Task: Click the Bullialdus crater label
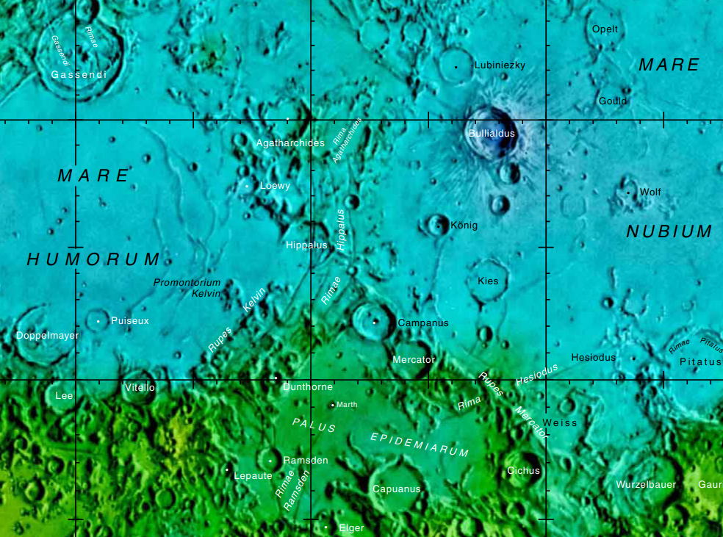point(492,134)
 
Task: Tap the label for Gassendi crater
point(79,75)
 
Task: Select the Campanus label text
point(422,323)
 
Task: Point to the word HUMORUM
point(93,259)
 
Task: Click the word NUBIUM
point(669,232)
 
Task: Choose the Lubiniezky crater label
point(500,65)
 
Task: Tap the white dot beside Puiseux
point(98,321)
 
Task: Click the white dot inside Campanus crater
point(375,322)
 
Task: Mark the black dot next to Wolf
point(628,192)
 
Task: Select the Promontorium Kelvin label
point(187,288)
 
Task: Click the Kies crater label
point(488,281)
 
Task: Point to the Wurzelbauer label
point(645,485)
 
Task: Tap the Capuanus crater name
point(396,489)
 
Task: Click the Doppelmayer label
point(47,336)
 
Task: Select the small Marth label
point(347,405)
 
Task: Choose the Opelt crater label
point(605,29)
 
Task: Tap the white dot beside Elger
point(325,527)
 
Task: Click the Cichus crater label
point(523,471)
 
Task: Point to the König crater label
point(464,226)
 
